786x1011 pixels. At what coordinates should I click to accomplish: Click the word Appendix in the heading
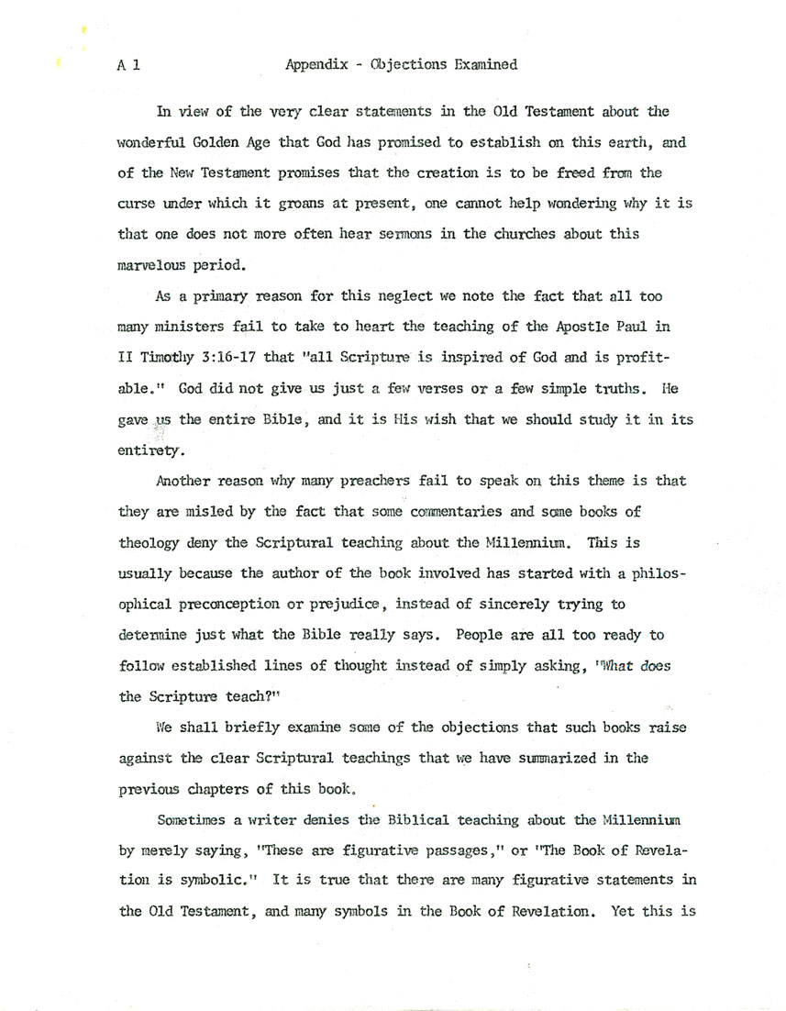[x=315, y=65]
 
